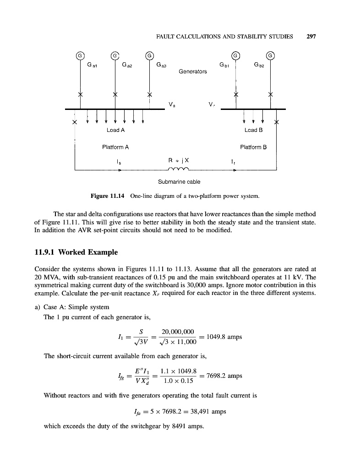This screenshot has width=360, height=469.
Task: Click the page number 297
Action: click(x=312, y=37)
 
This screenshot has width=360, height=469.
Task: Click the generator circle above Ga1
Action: click(x=80, y=55)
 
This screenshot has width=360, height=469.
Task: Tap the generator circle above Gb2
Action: click(x=271, y=55)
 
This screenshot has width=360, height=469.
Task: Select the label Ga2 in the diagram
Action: click(x=127, y=65)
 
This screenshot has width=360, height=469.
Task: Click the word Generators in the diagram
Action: click(x=193, y=71)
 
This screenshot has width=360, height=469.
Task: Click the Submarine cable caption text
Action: click(x=179, y=182)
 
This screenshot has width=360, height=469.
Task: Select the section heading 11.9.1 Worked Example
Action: click(x=76, y=252)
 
